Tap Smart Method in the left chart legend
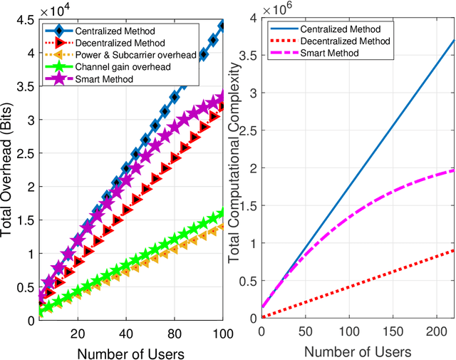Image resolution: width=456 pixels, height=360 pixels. point(105,79)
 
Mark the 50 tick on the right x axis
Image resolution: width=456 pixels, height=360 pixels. point(306,332)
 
